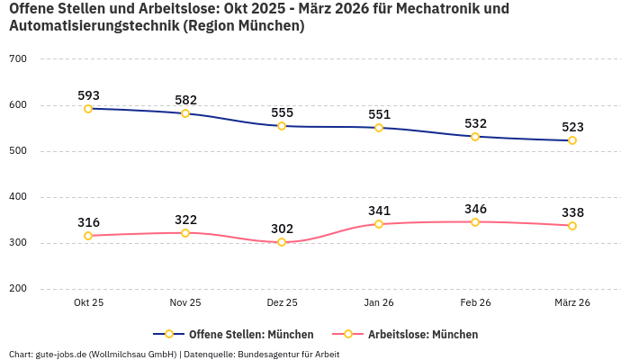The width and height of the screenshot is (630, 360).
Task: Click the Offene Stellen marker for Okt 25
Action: (x=88, y=109)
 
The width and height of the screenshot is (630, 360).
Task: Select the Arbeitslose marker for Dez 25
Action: (x=282, y=242)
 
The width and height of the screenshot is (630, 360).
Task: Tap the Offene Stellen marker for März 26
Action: (x=572, y=140)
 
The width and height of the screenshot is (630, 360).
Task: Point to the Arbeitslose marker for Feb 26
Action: (x=475, y=222)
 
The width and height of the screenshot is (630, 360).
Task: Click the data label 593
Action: (x=88, y=95)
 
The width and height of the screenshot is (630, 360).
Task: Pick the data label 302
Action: (x=282, y=229)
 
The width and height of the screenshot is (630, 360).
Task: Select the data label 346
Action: (x=475, y=209)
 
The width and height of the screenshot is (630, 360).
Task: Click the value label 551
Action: (x=379, y=114)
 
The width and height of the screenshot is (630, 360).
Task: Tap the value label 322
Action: (x=185, y=220)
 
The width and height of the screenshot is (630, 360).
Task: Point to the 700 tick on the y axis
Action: (x=18, y=59)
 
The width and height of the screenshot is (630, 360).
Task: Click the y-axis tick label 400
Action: (x=18, y=197)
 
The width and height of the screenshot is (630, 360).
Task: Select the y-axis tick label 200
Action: (x=18, y=289)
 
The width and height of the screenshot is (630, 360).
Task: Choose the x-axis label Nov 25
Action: (x=185, y=303)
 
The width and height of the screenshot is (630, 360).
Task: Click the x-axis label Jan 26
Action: (x=379, y=303)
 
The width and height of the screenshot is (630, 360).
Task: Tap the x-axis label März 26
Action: (x=572, y=303)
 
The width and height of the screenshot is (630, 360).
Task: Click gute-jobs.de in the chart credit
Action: (x=62, y=355)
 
